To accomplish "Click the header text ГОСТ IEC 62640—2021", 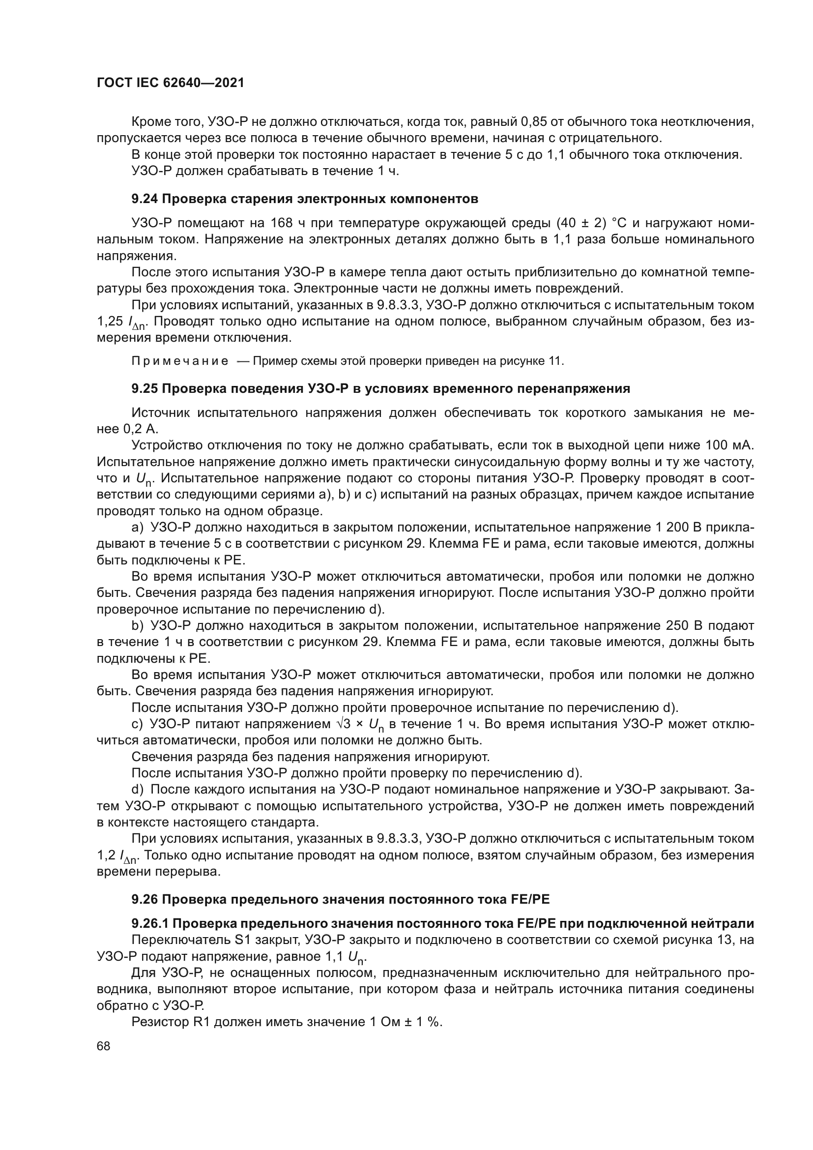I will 170,83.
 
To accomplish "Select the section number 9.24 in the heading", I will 145,199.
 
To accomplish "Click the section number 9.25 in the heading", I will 145,388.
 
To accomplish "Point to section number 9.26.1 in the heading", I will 150,923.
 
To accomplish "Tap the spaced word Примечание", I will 180,361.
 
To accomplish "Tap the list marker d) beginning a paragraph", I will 138,790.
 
